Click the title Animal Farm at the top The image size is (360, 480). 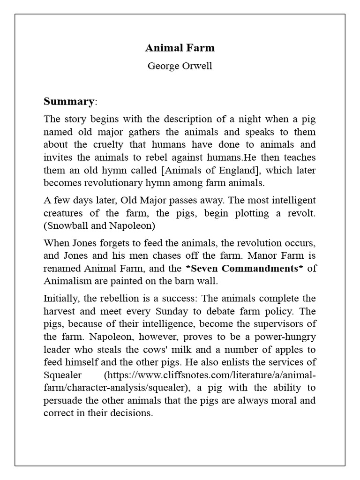(x=180, y=47)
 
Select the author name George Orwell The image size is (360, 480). (x=180, y=66)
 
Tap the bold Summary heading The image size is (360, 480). (x=68, y=101)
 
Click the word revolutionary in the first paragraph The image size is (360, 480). (x=118, y=182)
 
